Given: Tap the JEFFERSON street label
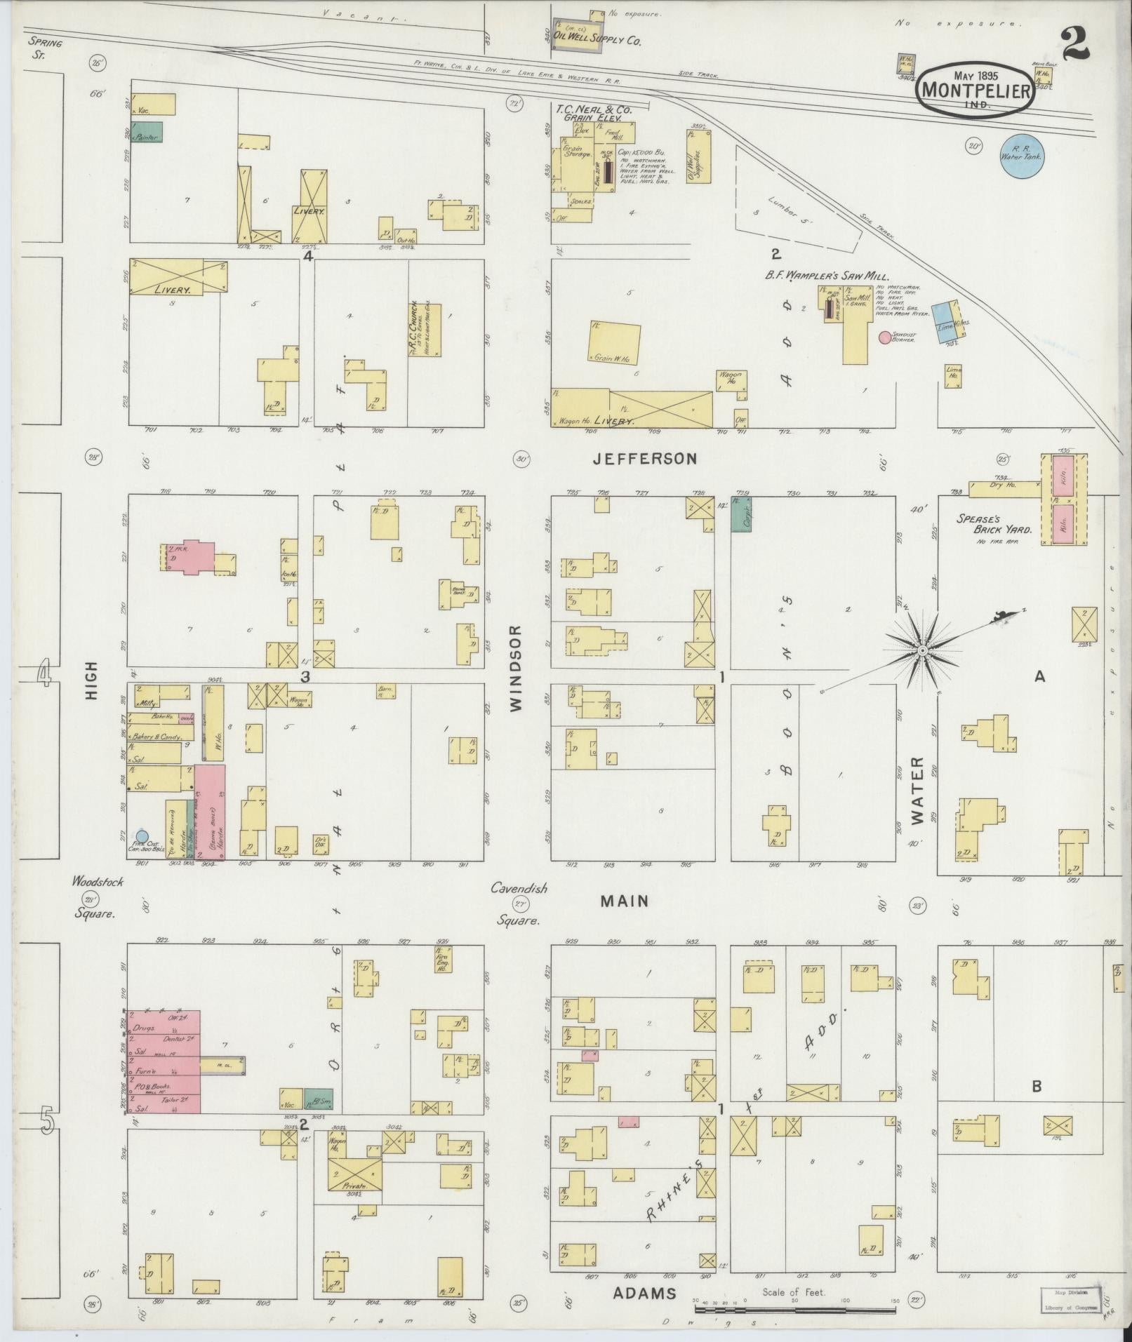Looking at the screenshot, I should (x=645, y=459).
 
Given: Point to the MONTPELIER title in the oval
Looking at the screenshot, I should (x=975, y=90).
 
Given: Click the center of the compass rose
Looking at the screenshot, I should (x=921, y=652).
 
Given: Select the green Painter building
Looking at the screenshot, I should (x=147, y=132).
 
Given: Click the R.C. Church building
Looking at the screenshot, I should (x=425, y=330).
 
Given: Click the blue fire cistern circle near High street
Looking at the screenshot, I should (x=142, y=836).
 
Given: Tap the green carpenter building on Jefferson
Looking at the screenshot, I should (x=741, y=514).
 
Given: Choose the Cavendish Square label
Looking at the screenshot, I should (x=519, y=904).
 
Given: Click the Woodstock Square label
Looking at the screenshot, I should (x=96, y=897).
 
